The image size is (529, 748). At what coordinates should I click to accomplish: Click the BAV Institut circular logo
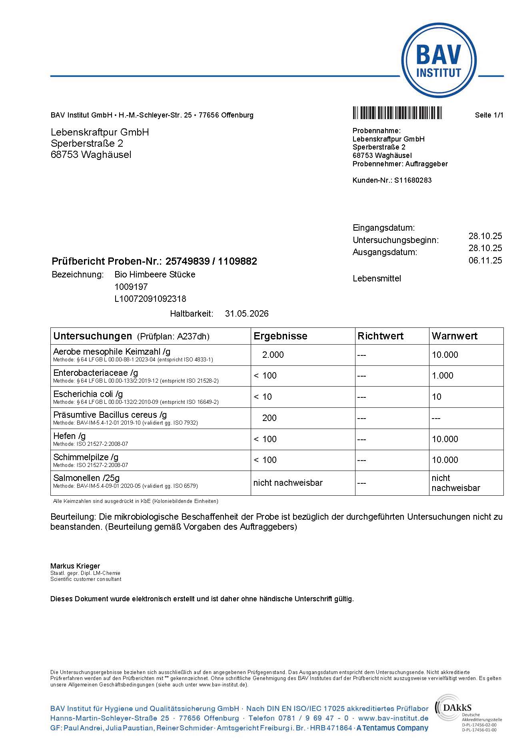click(x=439, y=61)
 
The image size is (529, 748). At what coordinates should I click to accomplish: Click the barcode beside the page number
click(x=397, y=113)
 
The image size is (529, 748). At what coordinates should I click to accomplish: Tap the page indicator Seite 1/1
click(x=489, y=115)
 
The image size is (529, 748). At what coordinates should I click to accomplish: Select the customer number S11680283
click(x=413, y=180)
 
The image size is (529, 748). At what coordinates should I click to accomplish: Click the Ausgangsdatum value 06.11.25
click(x=485, y=261)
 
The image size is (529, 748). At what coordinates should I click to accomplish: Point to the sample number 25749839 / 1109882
click(x=211, y=261)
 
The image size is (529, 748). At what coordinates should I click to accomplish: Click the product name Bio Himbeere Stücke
click(x=155, y=275)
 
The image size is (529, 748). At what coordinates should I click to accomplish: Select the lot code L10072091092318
click(x=150, y=299)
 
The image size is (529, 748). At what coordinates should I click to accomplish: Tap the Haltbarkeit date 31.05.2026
click(x=247, y=314)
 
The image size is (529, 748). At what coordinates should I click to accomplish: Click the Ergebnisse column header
click(x=280, y=336)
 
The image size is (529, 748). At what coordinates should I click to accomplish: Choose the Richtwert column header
click(x=380, y=336)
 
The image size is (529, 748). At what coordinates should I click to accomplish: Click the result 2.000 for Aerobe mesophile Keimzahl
click(x=273, y=355)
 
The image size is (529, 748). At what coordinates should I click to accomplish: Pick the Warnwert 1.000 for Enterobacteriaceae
click(x=443, y=376)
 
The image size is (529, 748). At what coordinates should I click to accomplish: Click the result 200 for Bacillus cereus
click(x=269, y=418)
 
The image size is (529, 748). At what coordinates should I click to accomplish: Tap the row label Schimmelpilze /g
click(x=86, y=457)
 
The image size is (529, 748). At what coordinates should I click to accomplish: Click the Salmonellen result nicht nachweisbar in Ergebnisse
click(x=288, y=483)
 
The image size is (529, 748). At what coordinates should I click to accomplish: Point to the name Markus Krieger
click(x=75, y=566)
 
